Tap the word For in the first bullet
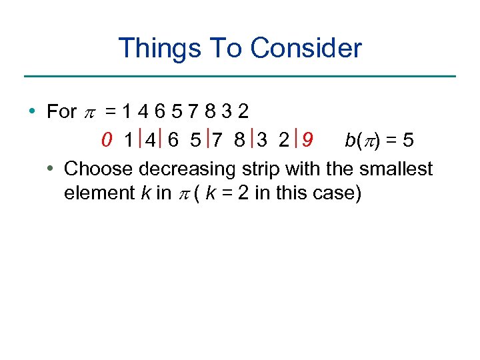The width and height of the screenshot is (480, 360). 62,111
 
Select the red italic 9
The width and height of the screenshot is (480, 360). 307,141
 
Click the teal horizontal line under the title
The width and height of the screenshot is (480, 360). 240,76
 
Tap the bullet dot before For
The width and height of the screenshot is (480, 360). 33,111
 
